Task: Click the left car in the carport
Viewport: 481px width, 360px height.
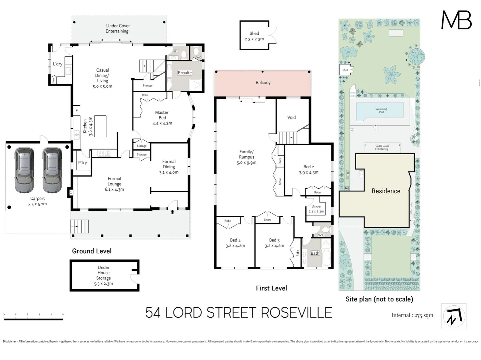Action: coord(24,171)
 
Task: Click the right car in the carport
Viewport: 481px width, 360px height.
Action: coord(52,171)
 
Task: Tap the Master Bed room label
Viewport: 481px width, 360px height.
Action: coord(162,115)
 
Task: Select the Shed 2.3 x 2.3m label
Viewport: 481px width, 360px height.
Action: coord(254,36)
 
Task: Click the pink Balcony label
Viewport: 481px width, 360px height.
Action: coord(263,83)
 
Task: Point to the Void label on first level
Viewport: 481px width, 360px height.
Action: coord(292,117)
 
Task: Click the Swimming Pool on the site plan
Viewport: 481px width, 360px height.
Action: coord(381,110)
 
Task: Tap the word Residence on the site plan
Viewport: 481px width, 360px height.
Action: coord(386,191)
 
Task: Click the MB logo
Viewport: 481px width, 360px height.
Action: coord(456,20)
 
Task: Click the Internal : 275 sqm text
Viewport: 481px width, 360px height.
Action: coord(412,315)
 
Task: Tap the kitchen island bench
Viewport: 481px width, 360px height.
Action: coord(100,126)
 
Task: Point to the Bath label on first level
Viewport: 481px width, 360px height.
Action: coord(315,253)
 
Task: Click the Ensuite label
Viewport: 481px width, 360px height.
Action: coord(185,73)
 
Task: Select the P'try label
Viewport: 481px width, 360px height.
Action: coord(82,163)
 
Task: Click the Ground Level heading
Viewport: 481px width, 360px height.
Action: coord(92,251)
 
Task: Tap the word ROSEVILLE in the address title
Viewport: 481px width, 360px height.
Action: coord(296,313)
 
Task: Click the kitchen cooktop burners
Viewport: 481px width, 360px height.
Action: coord(104,153)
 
